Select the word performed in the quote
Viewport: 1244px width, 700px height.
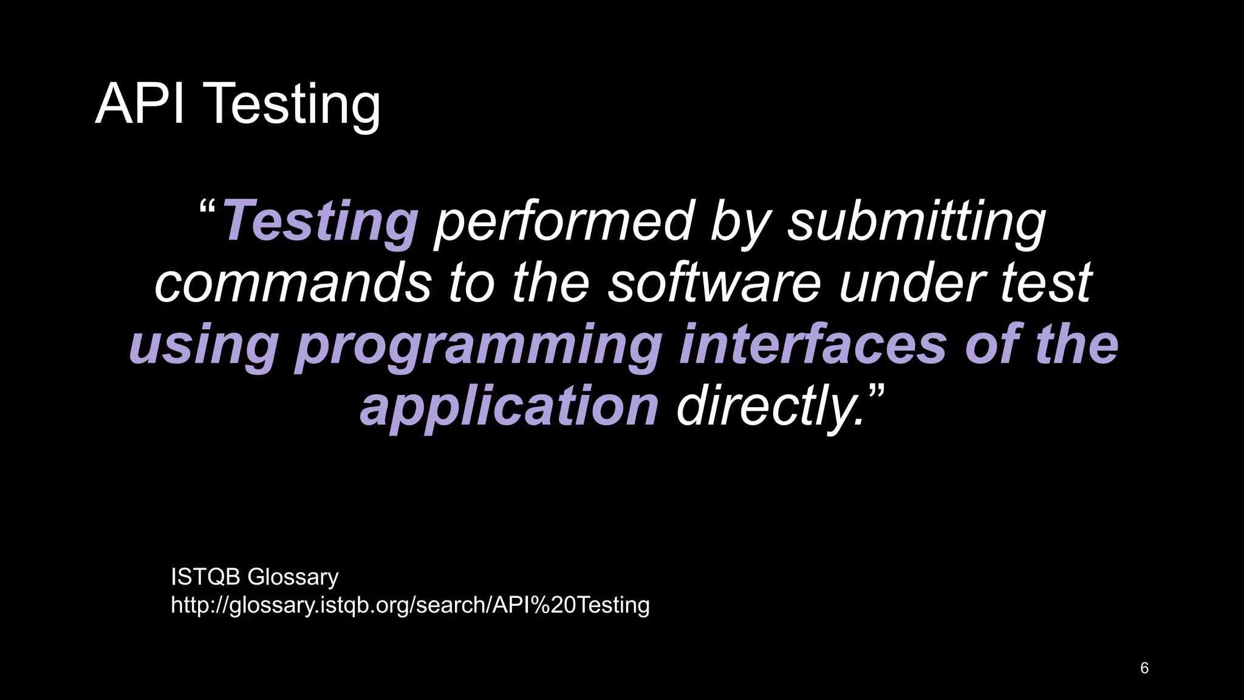[x=563, y=221]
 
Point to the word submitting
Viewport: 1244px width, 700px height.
[x=917, y=222]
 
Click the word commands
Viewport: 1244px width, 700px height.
[x=293, y=283]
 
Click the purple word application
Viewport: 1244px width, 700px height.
[x=509, y=407]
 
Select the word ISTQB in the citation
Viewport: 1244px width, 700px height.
[x=205, y=577]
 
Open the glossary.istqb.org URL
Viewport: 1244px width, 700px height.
[x=410, y=605]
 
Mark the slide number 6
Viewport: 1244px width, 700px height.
[x=1144, y=668]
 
